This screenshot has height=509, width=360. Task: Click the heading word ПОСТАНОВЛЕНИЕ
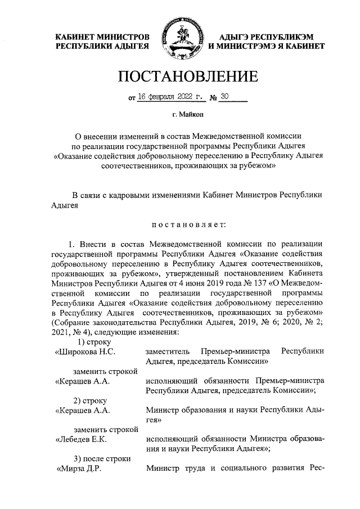click(x=180, y=76)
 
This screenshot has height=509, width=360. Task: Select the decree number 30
click(x=225, y=96)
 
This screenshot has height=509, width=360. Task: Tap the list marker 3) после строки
click(x=102, y=458)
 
